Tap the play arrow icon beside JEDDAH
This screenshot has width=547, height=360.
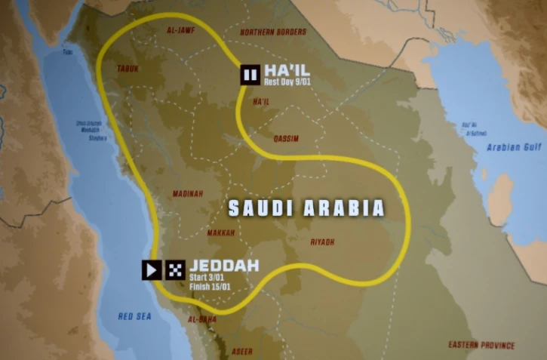[152, 269]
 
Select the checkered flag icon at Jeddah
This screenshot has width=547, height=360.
[176, 269]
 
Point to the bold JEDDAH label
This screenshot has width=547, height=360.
[224, 266]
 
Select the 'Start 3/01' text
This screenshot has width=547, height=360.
[206, 277]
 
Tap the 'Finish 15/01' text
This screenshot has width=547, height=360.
[210, 286]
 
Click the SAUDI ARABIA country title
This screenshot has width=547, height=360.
[306, 208]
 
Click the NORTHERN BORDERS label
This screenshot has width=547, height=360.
[273, 32]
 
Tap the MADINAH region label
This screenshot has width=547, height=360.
[188, 193]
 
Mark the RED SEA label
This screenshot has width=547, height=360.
[134, 316]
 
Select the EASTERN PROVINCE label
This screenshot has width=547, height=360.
[481, 345]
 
